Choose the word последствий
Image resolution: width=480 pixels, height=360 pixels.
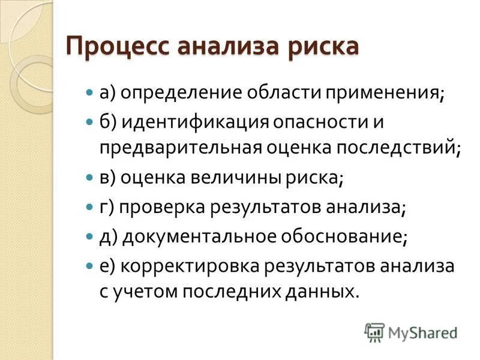pyautogui.click(x=408, y=148)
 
